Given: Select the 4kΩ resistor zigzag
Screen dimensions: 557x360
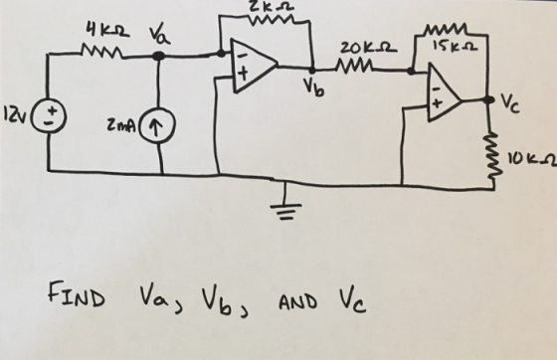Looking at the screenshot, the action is pyautogui.click(x=101, y=52).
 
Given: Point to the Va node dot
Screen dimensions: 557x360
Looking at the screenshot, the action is pyautogui.click(x=158, y=56).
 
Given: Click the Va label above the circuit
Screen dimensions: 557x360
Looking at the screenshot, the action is pyautogui.click(x=159, y=36).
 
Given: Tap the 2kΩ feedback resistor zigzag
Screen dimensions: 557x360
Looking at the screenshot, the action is pyautogui.click(x=273, y=21).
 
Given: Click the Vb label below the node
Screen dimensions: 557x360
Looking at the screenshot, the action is pyautogui.click(x=313, y=88).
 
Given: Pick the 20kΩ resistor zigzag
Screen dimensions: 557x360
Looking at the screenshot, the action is pyautogui.click(x=355, y=66).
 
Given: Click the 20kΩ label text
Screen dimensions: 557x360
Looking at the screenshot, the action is pyautogui.click(x=367, y=48).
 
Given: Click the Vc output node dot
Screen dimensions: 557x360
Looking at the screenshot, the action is pyautogui.click(x=489, y=99).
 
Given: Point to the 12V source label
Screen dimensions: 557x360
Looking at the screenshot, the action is pyautogui.click(x=15, y=113).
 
